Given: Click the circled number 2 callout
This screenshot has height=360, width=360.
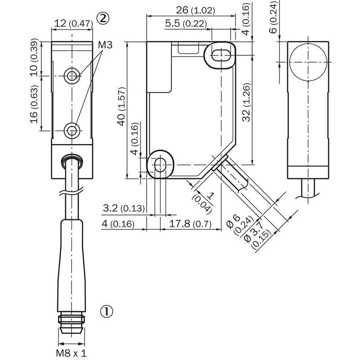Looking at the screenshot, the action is pos(103,18).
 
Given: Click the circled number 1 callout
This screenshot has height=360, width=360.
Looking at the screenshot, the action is pos(107,311).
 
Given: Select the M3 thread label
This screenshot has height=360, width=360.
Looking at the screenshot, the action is pos(105,45).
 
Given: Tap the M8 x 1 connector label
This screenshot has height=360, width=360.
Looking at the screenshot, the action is pos(72,353).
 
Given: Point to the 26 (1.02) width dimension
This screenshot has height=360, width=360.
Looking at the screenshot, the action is pos(195,10).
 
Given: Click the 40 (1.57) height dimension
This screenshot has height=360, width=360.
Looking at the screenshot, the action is pos(121,106).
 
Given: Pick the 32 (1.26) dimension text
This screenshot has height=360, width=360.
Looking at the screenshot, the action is pos(246,102).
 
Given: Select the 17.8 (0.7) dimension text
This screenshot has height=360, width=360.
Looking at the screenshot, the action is pos(190,223).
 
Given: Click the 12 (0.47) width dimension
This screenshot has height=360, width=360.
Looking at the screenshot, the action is pos(73,23).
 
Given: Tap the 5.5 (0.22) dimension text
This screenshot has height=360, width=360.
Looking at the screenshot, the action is pos(186,23).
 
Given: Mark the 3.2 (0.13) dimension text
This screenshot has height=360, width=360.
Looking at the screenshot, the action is pos(124,208).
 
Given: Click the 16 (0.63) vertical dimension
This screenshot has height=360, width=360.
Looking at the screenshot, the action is pos(34,104).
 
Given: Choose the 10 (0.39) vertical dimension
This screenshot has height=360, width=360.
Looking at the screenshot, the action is pos(34,58).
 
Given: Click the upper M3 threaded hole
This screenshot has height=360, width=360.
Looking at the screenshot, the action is pos(72,76).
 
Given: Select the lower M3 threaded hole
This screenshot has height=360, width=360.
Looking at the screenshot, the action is pos(72,131).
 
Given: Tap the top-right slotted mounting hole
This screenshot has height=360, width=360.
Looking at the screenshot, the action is pos(220,55).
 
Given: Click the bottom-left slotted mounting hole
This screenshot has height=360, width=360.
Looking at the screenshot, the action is pos(161,165).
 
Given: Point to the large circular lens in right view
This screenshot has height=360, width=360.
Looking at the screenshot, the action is pos(308,62).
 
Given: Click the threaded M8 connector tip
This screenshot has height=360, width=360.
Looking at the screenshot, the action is pos(72,324).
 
